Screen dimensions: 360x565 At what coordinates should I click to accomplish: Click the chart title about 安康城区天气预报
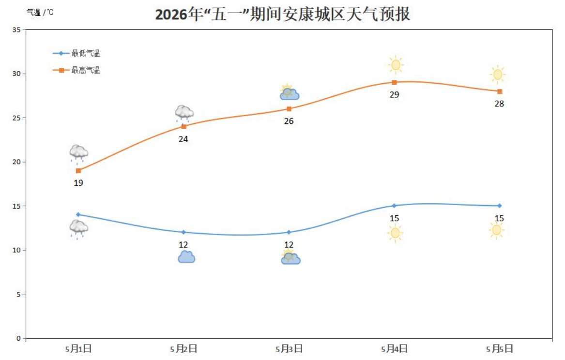[x=282, y=14]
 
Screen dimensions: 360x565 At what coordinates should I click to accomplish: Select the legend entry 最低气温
[x=86, y=54]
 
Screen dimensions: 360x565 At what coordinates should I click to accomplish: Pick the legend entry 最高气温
[x=86, y=70]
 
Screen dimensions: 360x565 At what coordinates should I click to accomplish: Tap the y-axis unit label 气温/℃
[x=40, y=12]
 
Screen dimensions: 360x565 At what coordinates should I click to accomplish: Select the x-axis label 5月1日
[x=78, y=348]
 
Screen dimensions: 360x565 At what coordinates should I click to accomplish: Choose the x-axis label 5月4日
[x=394, y=348]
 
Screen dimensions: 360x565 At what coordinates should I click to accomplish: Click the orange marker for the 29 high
[x=394, y=82]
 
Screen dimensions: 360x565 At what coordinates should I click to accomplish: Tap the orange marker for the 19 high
[x=78, y=170]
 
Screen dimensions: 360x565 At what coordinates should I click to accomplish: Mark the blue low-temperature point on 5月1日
[x=78, y=214]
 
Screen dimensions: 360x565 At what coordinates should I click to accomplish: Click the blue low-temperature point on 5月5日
[x=499, y=206]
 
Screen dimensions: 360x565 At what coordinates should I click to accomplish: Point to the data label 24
[x=183, y=139]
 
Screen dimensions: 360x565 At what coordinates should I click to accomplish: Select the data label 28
[x=499, y=104]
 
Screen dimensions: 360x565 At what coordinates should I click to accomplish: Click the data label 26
[x=289, y=121]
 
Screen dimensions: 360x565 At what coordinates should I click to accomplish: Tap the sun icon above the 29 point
[x=396, y=64]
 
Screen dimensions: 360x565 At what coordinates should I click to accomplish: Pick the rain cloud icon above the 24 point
[x=184, y=113]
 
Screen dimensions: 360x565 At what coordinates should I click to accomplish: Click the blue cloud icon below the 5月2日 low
[x=186, y=257]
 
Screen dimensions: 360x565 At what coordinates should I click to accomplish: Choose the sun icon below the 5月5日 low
[x=496, y=230]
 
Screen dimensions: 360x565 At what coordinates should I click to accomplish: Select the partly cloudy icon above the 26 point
[x=289, y=92]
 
